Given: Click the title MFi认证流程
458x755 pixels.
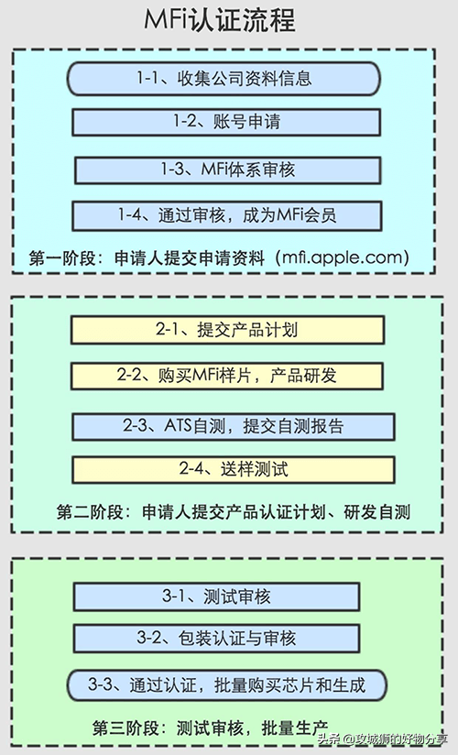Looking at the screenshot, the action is coord(220,21).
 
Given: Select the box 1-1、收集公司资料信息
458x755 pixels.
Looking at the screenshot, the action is coord(224,79).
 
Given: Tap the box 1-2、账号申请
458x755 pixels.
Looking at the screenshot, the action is coord(226,122).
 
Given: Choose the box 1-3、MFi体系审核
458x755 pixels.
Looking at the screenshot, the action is coord(228,170).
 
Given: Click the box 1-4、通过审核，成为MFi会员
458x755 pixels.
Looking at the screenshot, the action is coord(227,215).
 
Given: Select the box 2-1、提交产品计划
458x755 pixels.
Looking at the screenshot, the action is coord(227,330).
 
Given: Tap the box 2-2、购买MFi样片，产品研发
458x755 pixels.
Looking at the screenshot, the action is coord(227,376).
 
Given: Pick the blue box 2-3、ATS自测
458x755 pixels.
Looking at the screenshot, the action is coord(234,426).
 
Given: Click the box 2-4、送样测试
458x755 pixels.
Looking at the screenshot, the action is coord(234,469).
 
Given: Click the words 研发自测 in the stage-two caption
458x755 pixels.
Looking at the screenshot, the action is coord(376,512).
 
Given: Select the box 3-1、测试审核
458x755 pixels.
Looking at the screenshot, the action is coord(216,596).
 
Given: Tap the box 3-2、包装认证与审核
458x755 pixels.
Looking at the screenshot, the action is coord(216,639).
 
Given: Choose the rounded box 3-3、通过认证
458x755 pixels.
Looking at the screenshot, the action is coord(226,685).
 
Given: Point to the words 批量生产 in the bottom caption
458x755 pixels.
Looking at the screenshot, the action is coord(295,728).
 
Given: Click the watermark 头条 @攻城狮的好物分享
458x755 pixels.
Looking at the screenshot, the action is coord(382,739).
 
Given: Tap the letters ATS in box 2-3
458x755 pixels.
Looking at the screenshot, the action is coord(178,426).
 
